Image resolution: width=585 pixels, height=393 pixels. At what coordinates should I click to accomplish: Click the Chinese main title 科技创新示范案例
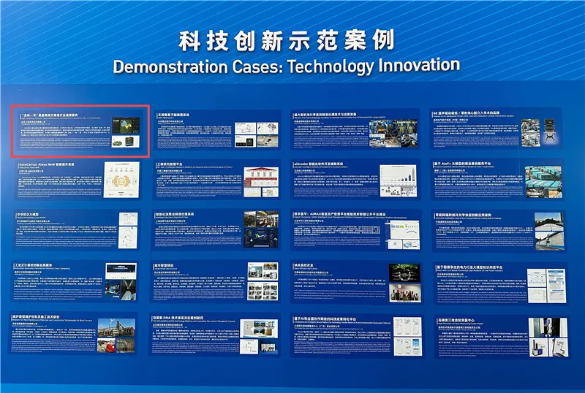point(287,39)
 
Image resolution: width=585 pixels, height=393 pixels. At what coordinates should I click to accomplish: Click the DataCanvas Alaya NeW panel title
point(48,166)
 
